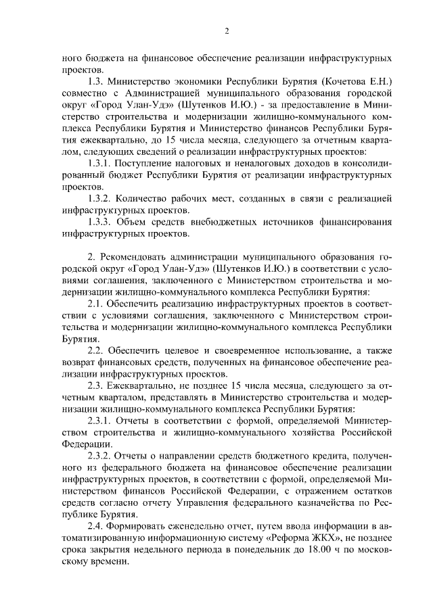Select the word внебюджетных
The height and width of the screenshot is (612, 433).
pyautogui.click(x=222, y=223)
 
